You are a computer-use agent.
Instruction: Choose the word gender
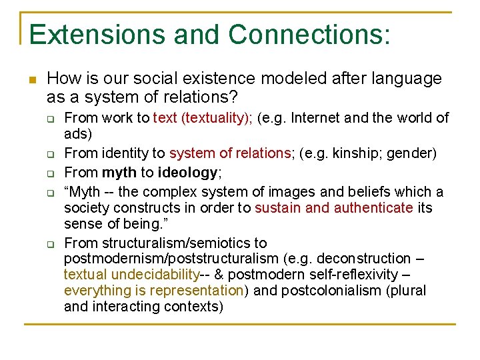coord(412,153)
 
